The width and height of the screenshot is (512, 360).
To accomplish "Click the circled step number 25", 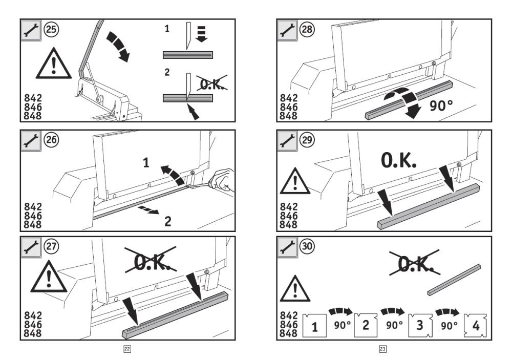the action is pos(51,29).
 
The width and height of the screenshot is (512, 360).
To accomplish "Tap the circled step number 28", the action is pos(307,29).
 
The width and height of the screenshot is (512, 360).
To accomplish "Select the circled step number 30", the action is pos(307,246).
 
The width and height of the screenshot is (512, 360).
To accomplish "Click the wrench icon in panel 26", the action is pos(31,141).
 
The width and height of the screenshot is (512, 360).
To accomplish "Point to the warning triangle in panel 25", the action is pos(54,63).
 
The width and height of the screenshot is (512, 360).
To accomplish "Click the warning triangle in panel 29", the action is pos(295,181).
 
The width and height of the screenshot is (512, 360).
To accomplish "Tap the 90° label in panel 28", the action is pos(441,105).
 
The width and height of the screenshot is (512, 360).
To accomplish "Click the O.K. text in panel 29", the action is pos(398,160).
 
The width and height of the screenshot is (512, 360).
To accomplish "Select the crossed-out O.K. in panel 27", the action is pos(151,260).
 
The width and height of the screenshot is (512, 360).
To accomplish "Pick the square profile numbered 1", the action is pos(314,325).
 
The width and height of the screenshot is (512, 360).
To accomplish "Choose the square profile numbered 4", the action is pos(476,325).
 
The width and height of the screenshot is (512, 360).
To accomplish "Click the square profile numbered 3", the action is pos(420,325).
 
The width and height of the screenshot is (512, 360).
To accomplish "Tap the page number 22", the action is pos(127,349).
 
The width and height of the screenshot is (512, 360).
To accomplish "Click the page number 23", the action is pos(382,349).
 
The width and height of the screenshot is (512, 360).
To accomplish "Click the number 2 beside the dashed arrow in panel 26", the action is pos(167,222).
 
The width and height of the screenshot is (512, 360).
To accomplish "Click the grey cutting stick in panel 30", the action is pos(454,280).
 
